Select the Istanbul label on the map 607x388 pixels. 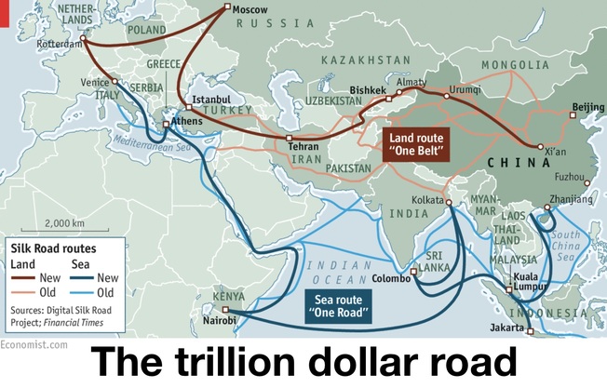pyautogui.click(x=209, y=98)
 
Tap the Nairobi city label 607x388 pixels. pyautogui.click(x=220, y=321)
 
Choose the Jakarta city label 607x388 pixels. pyautogui.click(x=508, y=328)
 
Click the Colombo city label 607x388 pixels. pyautogui.click(x=391, y=276)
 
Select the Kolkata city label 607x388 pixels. pyautogui.click(x=427, y=200)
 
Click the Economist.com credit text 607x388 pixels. pyautogui.click(x=34, y=344)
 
